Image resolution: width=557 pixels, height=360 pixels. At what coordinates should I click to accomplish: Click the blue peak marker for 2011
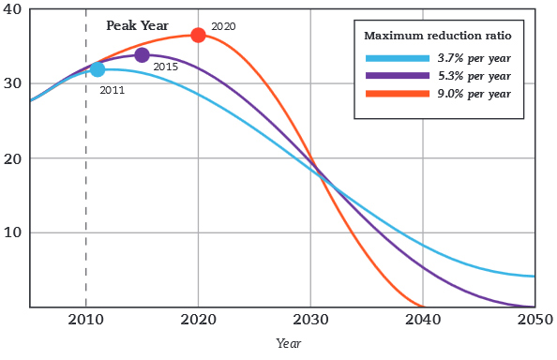98,69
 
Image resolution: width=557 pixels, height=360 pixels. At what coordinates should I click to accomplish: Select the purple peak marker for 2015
142,55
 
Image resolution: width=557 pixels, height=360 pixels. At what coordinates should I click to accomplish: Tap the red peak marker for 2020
198,35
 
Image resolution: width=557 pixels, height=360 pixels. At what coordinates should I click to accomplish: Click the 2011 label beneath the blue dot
112,90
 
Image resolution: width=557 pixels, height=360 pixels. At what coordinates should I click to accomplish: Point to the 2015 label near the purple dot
165,67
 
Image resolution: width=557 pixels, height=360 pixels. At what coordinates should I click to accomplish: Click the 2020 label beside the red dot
223,26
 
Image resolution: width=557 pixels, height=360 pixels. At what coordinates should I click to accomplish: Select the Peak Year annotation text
137,25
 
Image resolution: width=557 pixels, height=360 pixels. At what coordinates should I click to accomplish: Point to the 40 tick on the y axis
13,8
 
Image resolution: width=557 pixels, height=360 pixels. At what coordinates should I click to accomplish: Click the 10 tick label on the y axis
13,232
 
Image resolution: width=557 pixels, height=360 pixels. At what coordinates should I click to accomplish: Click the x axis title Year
289,344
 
